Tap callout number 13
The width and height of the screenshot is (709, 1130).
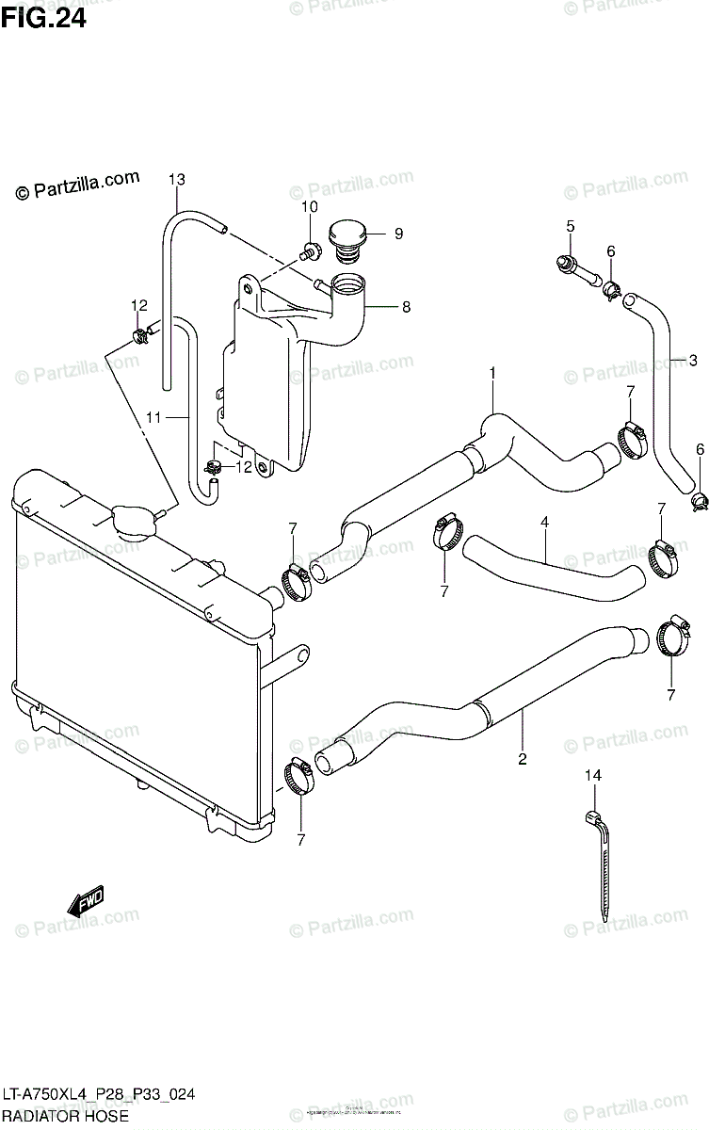click(x=177, y=179)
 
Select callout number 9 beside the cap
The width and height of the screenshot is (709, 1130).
click(x=398, y=234)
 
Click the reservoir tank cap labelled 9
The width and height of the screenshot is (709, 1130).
click(x=346, y=235)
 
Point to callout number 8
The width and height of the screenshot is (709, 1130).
click(x=406, y=306)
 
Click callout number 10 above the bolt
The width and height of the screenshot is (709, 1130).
click(x=310, y=207)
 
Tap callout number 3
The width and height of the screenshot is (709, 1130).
click(x=693, y=360)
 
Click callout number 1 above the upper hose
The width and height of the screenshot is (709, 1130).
click(x=491, y=374)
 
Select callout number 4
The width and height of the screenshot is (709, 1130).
click(x=544, y=521)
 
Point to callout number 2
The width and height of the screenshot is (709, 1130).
click(x=523, y=758)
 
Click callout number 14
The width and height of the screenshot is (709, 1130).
click(x=591, y=776)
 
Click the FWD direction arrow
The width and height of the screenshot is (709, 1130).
click(x=86, y=901)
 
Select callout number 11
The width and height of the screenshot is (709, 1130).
click(x=153, y=416)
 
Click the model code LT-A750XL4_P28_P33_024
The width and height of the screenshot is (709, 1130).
click(x=98, y=1094)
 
